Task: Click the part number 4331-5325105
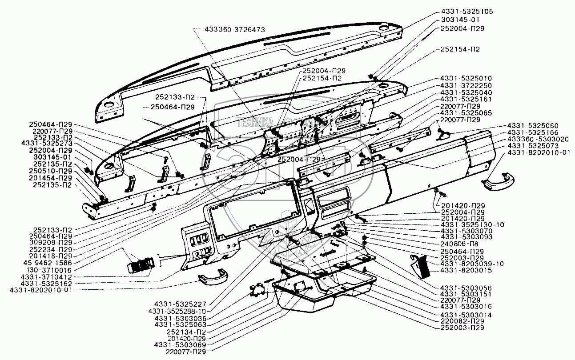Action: [x=464, y=11]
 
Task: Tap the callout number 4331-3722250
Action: [x=466, y=85]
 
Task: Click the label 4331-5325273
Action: [x=47, y=144]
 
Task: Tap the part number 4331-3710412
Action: [x=47, y=276]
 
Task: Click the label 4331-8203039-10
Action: [x=472, y=264]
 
